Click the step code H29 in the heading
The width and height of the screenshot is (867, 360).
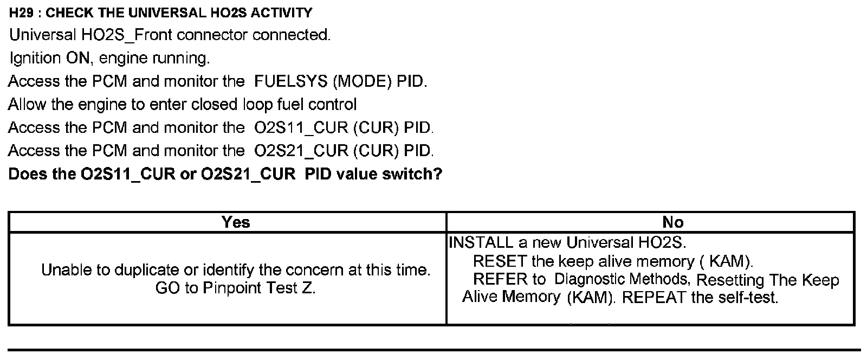click(20, 12)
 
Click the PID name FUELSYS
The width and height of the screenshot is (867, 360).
click(291, 81)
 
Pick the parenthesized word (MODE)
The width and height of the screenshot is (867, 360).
click(361, 81)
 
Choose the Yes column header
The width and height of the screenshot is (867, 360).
click(236, 222)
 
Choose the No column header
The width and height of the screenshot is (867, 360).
click(673, 222)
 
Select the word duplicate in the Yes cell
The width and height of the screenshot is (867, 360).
click(145, 269)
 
